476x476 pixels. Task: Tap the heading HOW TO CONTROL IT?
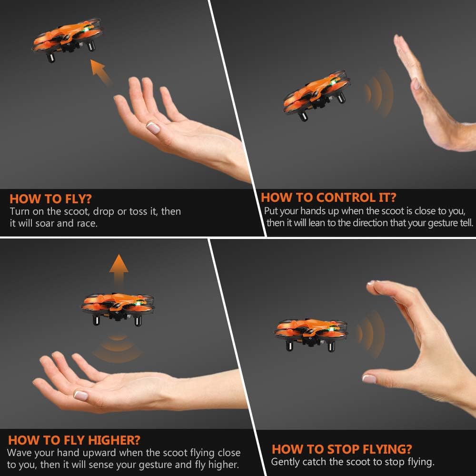click(x=328, y=198)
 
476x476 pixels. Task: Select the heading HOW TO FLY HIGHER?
click(x=74, y=440)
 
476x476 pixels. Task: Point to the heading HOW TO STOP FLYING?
click(x=342, y=449)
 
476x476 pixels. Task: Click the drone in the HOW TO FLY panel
click(x=68, y=41)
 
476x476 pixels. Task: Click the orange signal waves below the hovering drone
click(x=117, y=349)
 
